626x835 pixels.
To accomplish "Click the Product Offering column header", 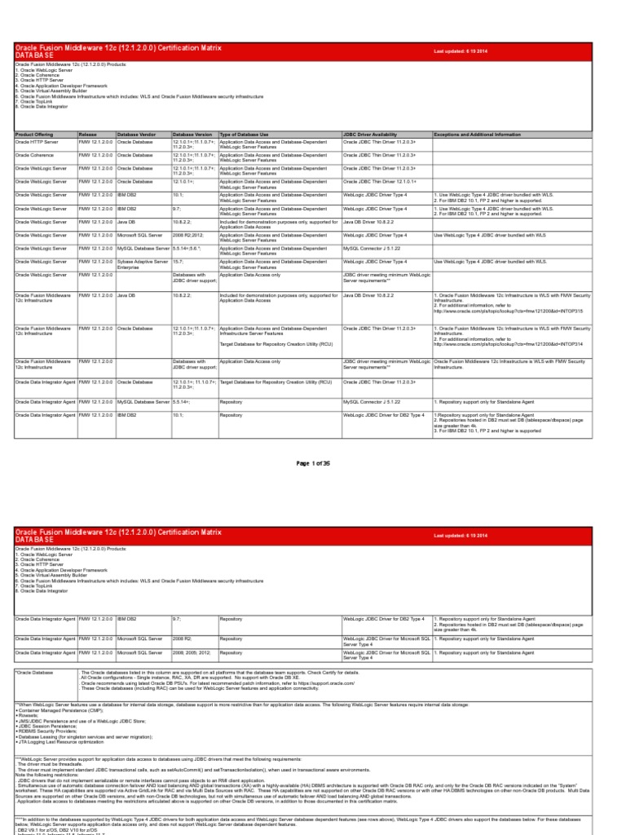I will [33, 134].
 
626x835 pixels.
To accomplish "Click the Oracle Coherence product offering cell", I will [36, 154].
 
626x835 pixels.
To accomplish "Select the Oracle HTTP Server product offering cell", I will [37, 141].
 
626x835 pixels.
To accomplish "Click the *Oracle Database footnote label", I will [33, 672].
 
